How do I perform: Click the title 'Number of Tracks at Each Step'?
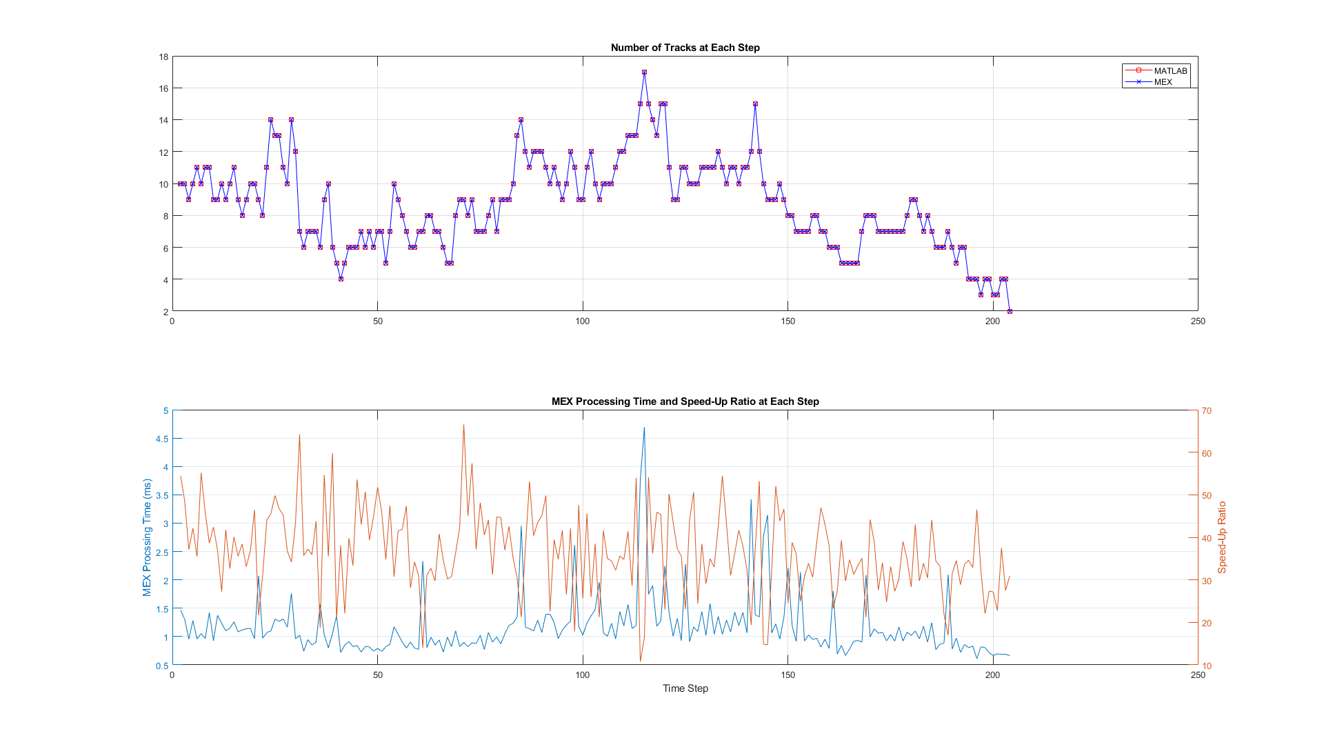(685, 48)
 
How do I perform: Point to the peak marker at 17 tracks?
(644, 72)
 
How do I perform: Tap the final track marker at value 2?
(1010, 312)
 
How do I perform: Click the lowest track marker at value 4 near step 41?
(341, 279)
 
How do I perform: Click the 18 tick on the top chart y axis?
(163, 57)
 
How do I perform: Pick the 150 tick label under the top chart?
(788, 321)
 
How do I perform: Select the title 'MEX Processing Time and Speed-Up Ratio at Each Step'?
(685, 401)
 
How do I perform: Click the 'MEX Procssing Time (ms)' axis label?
(146, 538)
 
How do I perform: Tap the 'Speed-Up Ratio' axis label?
(1222, 538)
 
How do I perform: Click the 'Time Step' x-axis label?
(685, 688)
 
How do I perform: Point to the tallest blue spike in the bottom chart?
(644, 428)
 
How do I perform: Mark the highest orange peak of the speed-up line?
(463, 425)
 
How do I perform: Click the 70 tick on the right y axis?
(1206, 411)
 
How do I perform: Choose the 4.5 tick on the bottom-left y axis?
(162, 439)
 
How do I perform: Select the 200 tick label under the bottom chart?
(992, 675)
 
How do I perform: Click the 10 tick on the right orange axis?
(1206, 666)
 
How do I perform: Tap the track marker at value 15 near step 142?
(755, 104)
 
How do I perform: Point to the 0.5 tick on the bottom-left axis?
(162, 666)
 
